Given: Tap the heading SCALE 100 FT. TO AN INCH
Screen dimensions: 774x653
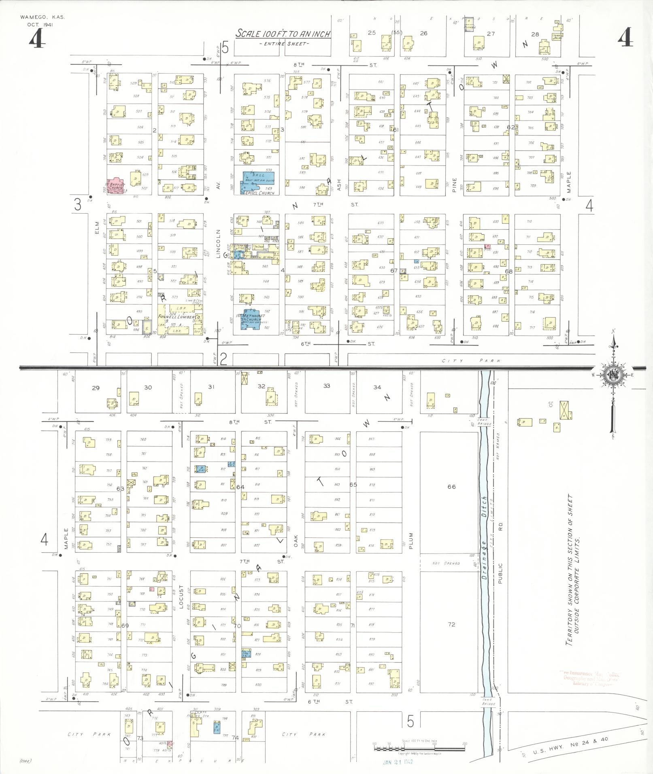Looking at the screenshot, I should (283, 34).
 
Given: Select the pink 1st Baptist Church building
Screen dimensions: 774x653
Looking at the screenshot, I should (115, 186).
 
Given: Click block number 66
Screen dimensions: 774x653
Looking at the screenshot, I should (451, 487).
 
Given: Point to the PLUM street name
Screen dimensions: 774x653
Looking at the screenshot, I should (411, 541).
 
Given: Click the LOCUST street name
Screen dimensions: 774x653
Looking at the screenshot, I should (181, 596).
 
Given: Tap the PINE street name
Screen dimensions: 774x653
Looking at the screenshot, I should (454, 184).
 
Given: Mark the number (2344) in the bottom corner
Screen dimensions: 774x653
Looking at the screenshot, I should (25, 761).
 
